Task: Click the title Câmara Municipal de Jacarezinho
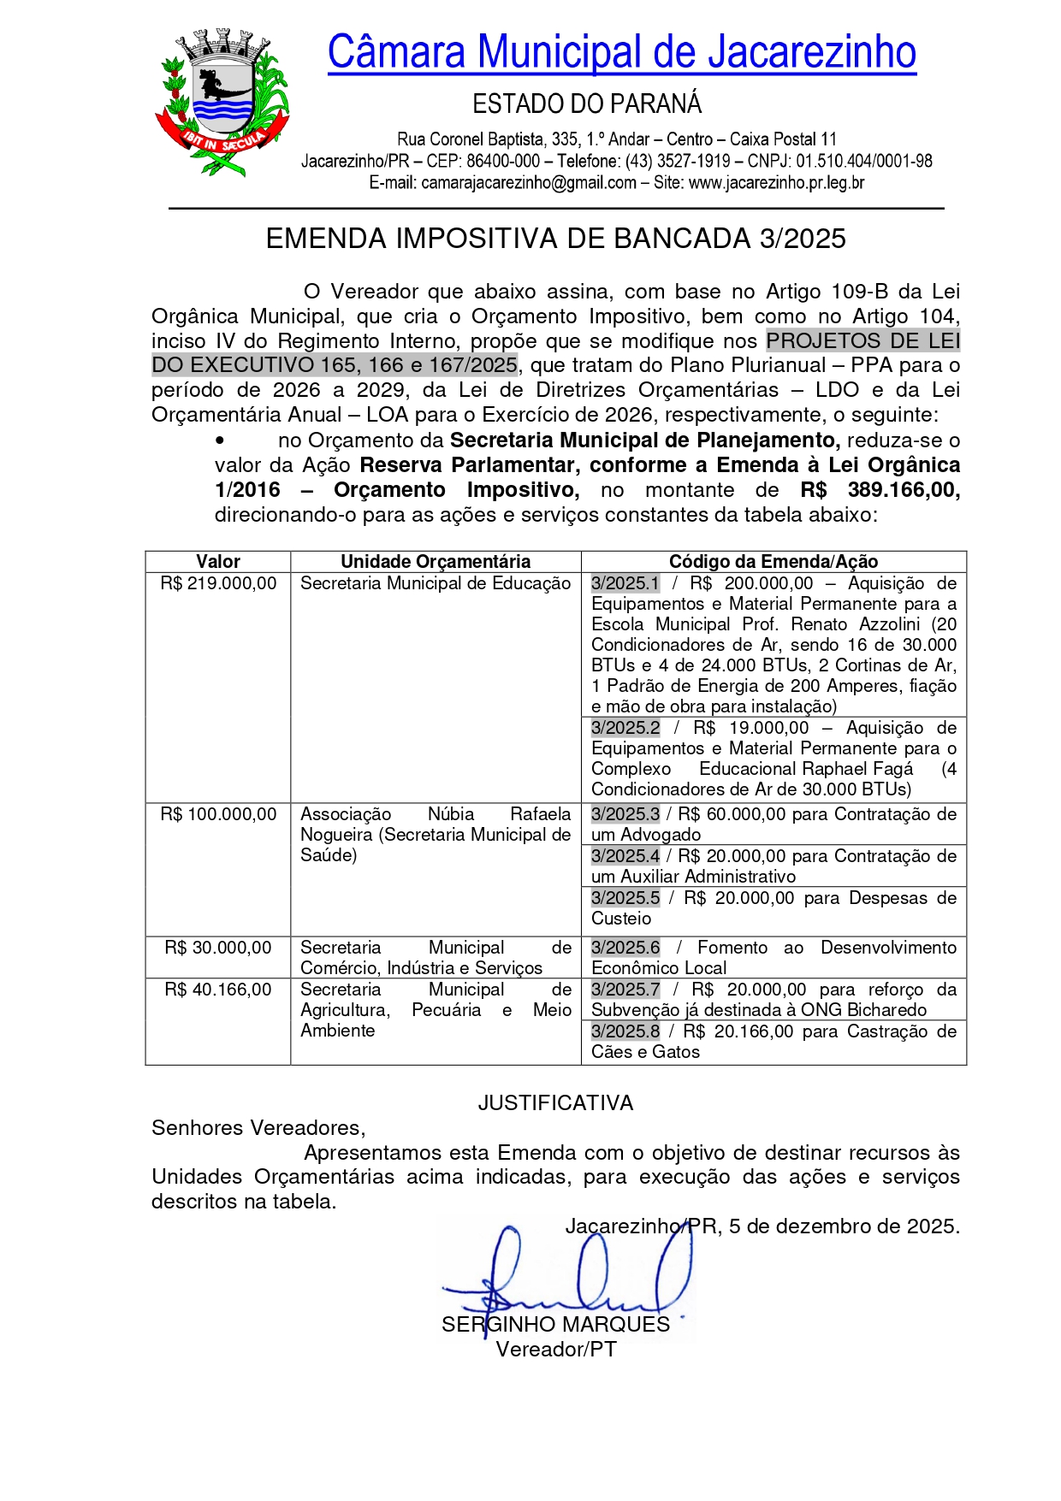pos(621,52)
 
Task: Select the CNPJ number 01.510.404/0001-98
pos(864,162)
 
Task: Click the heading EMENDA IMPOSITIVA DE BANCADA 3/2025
pos(555,239)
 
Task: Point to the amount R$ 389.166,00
pos(880,490)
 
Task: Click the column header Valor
pos(218,562)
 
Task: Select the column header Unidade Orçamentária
pos(436,562)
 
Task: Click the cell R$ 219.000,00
pos(218,583)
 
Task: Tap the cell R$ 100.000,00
pos(218,814)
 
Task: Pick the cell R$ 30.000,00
pos(218,948)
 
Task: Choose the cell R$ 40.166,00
pos(218,990)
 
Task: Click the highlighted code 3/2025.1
pos(625,583)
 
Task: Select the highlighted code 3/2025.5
pos(625,898)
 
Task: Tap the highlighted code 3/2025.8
pos(625,1031)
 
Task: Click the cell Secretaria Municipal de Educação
pos(436,583)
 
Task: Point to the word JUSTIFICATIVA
pos(555,1103)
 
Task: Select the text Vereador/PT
pos(556,1350)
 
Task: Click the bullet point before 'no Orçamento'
pos(220,440)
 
